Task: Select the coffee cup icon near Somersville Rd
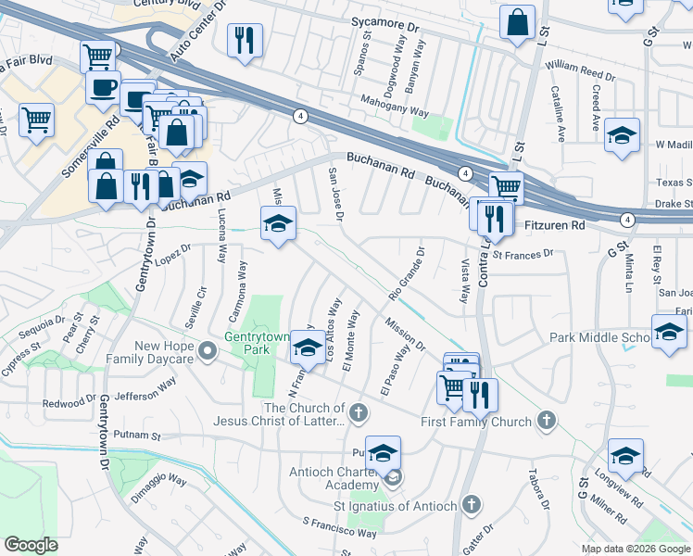tap(103, 88)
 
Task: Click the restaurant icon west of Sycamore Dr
tap(245, 41)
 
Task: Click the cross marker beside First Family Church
tap(547, 422)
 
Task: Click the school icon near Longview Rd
tap(625, 456)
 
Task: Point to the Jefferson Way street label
tap(146, 386)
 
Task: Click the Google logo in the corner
tap(31, 545)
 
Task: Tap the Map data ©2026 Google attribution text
tap(636, 549)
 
